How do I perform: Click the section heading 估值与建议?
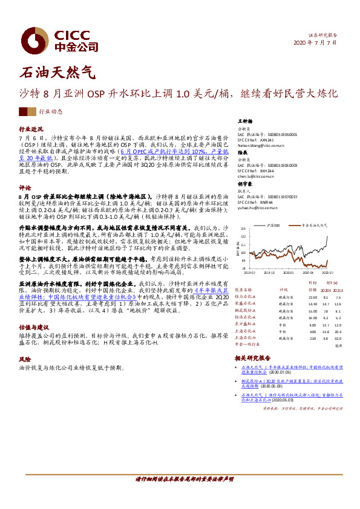tap(33, 327)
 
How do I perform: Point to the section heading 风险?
tap(25, 358)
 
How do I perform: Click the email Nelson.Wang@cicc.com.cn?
tap(261, 146)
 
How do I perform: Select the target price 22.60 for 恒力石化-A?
tap(313, 297)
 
